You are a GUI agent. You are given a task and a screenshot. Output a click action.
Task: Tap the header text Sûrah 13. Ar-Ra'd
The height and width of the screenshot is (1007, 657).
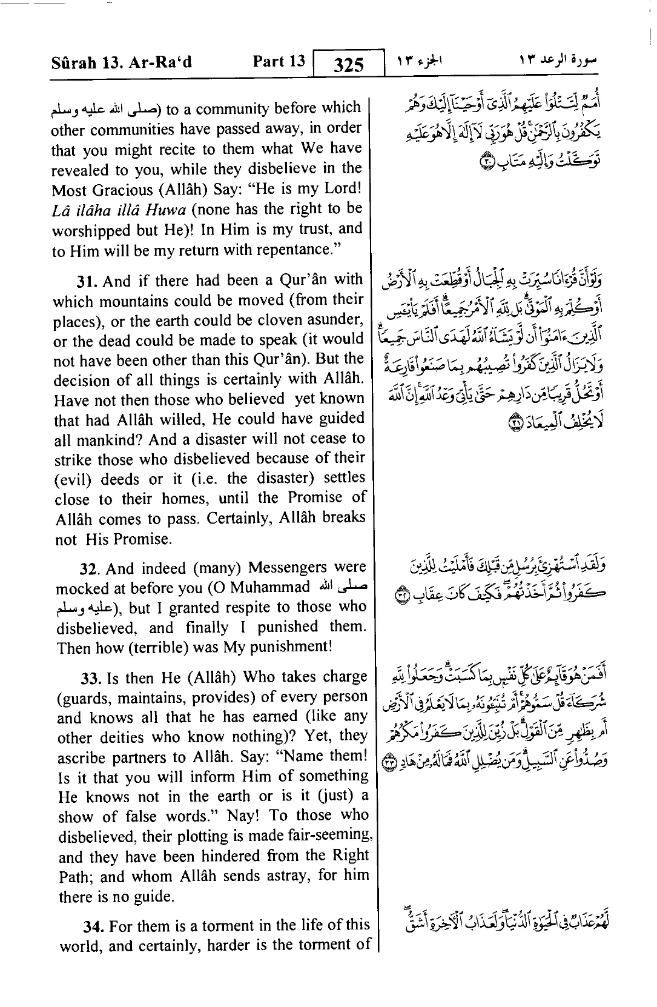point(122,62)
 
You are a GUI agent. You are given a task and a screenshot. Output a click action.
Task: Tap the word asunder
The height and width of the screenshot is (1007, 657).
point(340,319)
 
